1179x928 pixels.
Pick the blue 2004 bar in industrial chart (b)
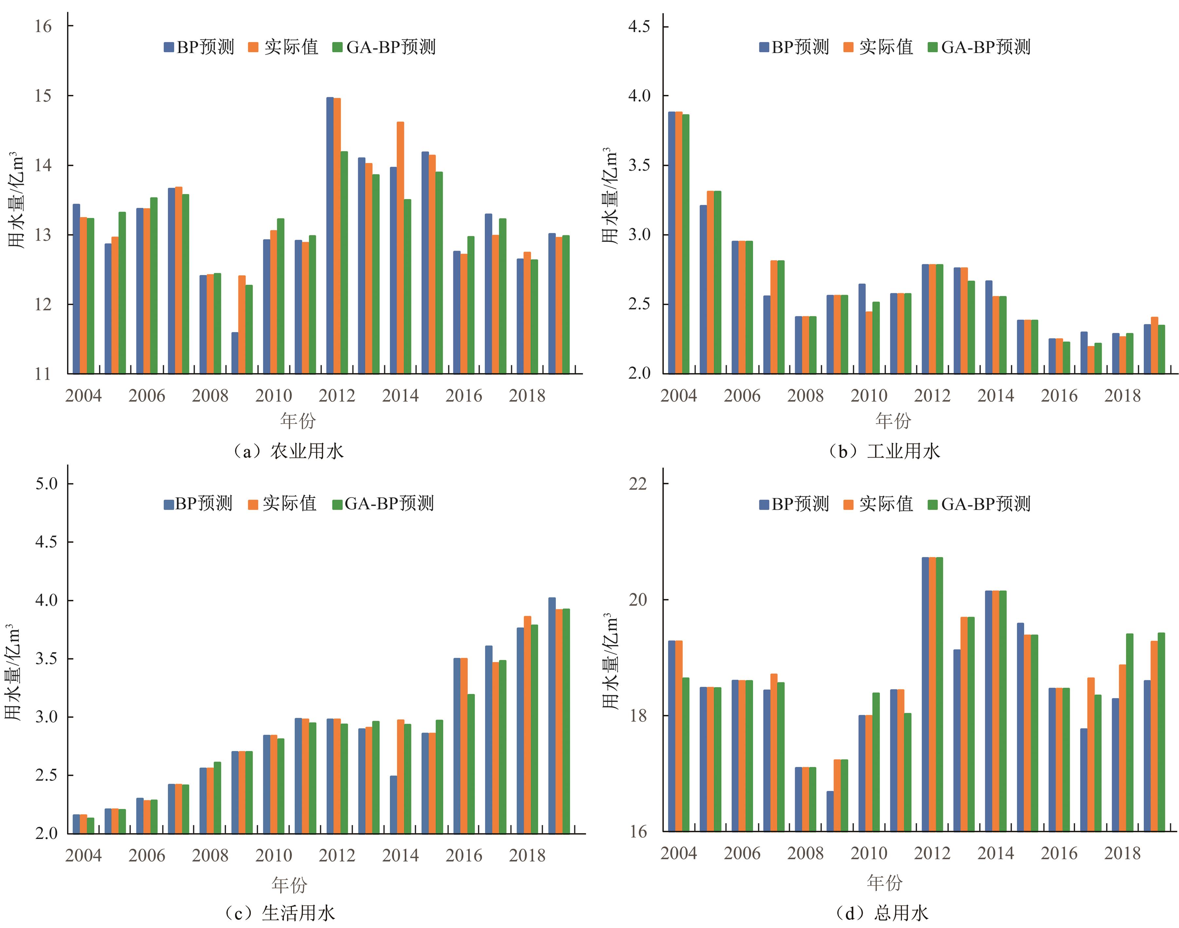tap(672, 242)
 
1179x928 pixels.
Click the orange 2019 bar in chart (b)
tap(1154, 345)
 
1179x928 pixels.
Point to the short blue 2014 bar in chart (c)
tap(393, 805)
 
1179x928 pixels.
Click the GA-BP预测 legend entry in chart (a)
tap(385, 47)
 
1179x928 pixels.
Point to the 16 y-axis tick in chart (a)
tap(44, 26)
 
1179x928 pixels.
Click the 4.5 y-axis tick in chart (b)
tap(639, 26)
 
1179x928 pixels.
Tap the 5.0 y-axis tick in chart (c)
tap(46, 483)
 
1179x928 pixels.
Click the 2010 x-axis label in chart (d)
tap(869, 853)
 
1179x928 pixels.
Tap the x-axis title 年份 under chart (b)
tap(893, 420)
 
